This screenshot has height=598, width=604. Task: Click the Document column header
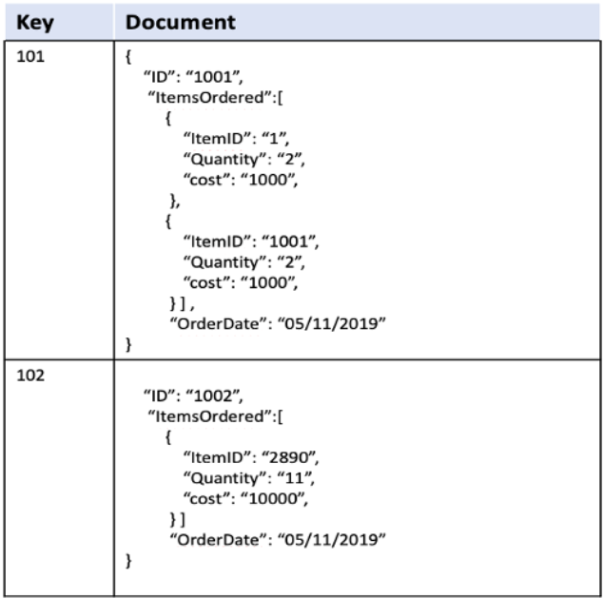coord(181,21)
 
